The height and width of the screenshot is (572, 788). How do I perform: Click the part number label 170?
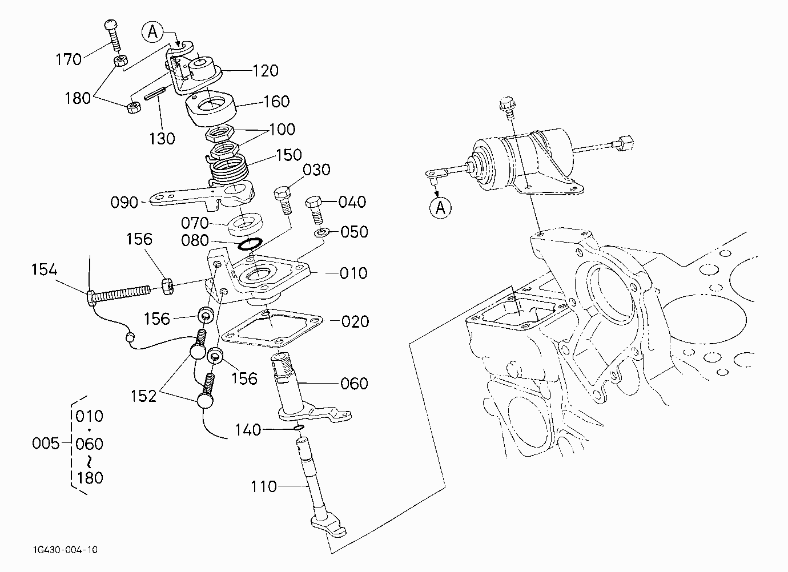(69, 59)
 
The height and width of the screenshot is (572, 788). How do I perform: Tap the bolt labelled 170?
(112, 35)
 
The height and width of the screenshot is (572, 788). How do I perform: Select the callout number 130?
(162, 139)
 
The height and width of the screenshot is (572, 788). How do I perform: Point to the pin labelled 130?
(155, 94)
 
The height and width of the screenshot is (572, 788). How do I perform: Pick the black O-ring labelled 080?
(250, 244)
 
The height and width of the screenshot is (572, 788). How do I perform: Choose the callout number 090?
(124, 203)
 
